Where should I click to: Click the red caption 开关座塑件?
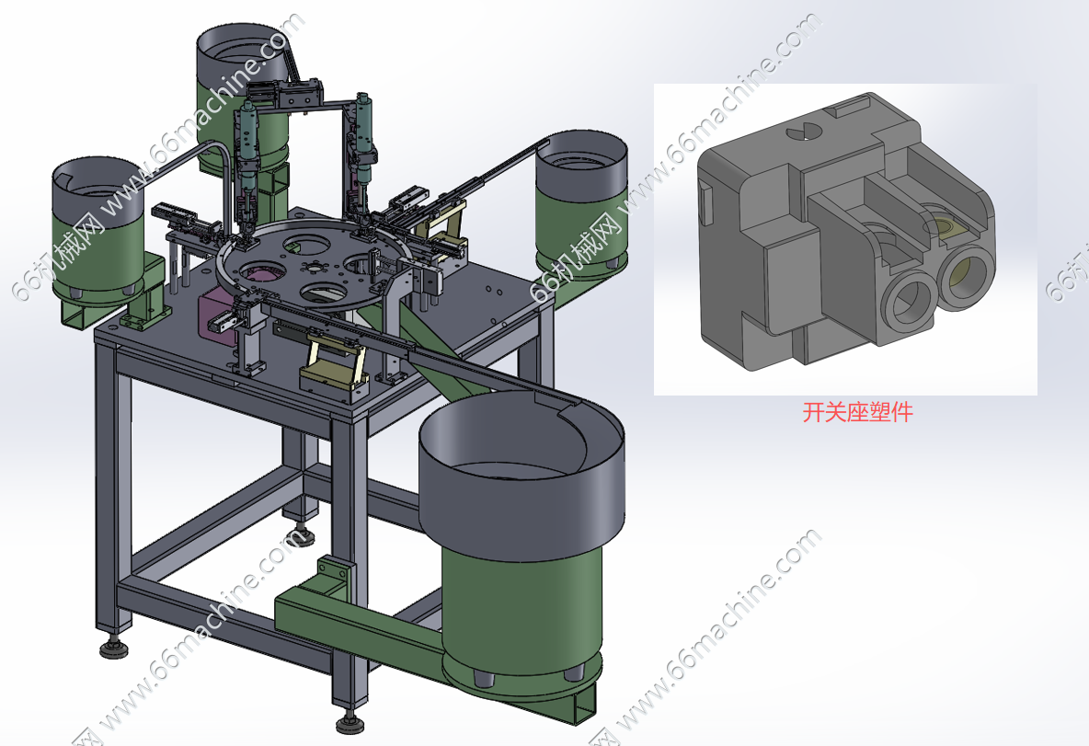[x=857, y=413]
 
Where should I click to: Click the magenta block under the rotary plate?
[x=214, y=319]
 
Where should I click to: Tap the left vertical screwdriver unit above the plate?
[x=246, y=166]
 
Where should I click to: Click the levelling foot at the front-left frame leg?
[x=113, y=648]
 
